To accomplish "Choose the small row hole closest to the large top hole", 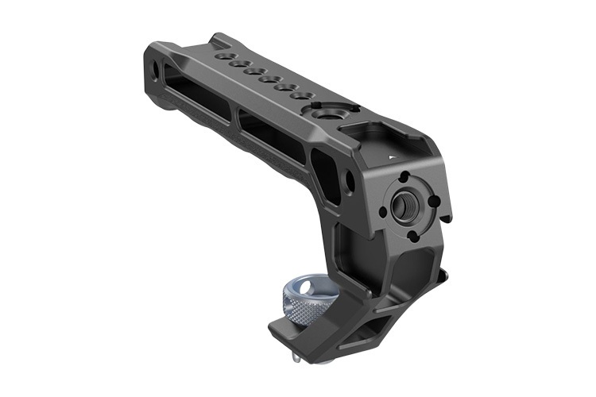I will click(300, 95).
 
